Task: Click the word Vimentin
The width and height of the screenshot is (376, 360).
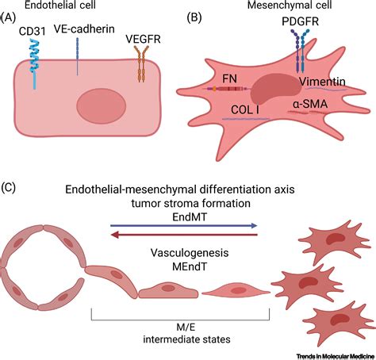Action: point(322,82)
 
